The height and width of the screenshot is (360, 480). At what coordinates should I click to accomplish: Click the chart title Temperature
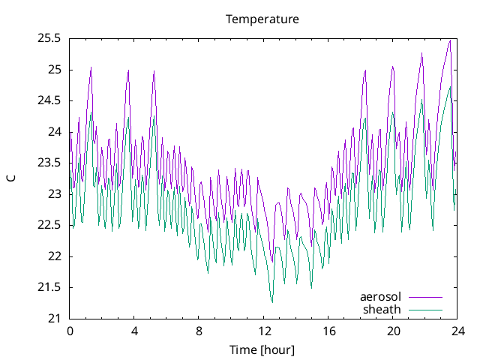tap(262, 19)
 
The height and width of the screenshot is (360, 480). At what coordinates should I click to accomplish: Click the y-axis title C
tap(10, 178)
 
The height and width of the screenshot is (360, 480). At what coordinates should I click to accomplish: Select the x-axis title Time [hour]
tap(262, 349)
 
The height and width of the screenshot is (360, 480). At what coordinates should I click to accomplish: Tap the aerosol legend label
tap(380, 297)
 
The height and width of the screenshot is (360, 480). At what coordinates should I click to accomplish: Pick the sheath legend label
tap(382, 309)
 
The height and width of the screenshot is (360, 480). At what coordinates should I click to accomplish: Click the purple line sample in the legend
tap(424, 297)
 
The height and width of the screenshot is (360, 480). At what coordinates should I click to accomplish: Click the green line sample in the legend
tap(424, 309)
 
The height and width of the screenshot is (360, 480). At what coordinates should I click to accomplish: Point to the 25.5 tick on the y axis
tap(49, 38)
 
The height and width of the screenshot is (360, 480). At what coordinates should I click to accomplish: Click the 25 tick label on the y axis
tap(55, 70)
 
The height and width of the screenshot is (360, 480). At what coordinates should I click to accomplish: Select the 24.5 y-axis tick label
tap(49, 100)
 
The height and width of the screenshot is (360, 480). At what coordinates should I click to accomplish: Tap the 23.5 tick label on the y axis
tap(49, 163)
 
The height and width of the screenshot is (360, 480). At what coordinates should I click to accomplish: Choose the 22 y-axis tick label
tap(55, 256)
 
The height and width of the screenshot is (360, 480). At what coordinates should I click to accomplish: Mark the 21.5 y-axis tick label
tap(49, 287)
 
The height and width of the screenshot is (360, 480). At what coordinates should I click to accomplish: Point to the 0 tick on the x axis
tap(70, 331)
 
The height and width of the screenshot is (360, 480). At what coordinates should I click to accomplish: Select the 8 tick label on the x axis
tap(199, 331)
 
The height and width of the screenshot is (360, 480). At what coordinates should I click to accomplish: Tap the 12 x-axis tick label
tap(264, 331)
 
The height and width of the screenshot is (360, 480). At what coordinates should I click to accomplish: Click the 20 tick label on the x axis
tap(393, 331)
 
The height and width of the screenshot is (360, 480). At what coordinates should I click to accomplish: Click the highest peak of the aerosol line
tap(449, 40)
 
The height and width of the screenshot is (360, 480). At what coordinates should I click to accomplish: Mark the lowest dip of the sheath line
tap(272, 302)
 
